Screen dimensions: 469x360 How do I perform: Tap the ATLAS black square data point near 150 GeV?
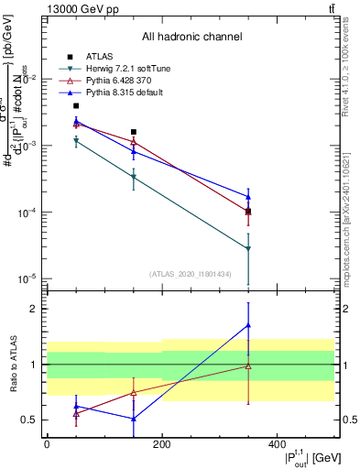tap(134, 132)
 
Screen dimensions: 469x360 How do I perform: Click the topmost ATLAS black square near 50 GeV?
tap(76, 105)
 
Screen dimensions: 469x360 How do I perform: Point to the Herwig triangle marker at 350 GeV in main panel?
tap(248, 248)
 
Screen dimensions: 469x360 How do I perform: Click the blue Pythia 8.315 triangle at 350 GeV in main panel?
tap(248, 196)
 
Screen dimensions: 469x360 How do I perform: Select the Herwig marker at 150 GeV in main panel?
tap(134, 177)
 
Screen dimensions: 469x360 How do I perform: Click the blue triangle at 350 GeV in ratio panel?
tap(248, 325)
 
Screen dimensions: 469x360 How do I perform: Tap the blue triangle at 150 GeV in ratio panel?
tap(134, 419)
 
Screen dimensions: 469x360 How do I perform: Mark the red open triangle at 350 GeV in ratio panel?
tap(248, 365)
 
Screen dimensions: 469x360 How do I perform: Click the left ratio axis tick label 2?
tap(36, 309)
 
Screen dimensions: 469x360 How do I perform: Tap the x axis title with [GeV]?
tap(306, 457)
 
